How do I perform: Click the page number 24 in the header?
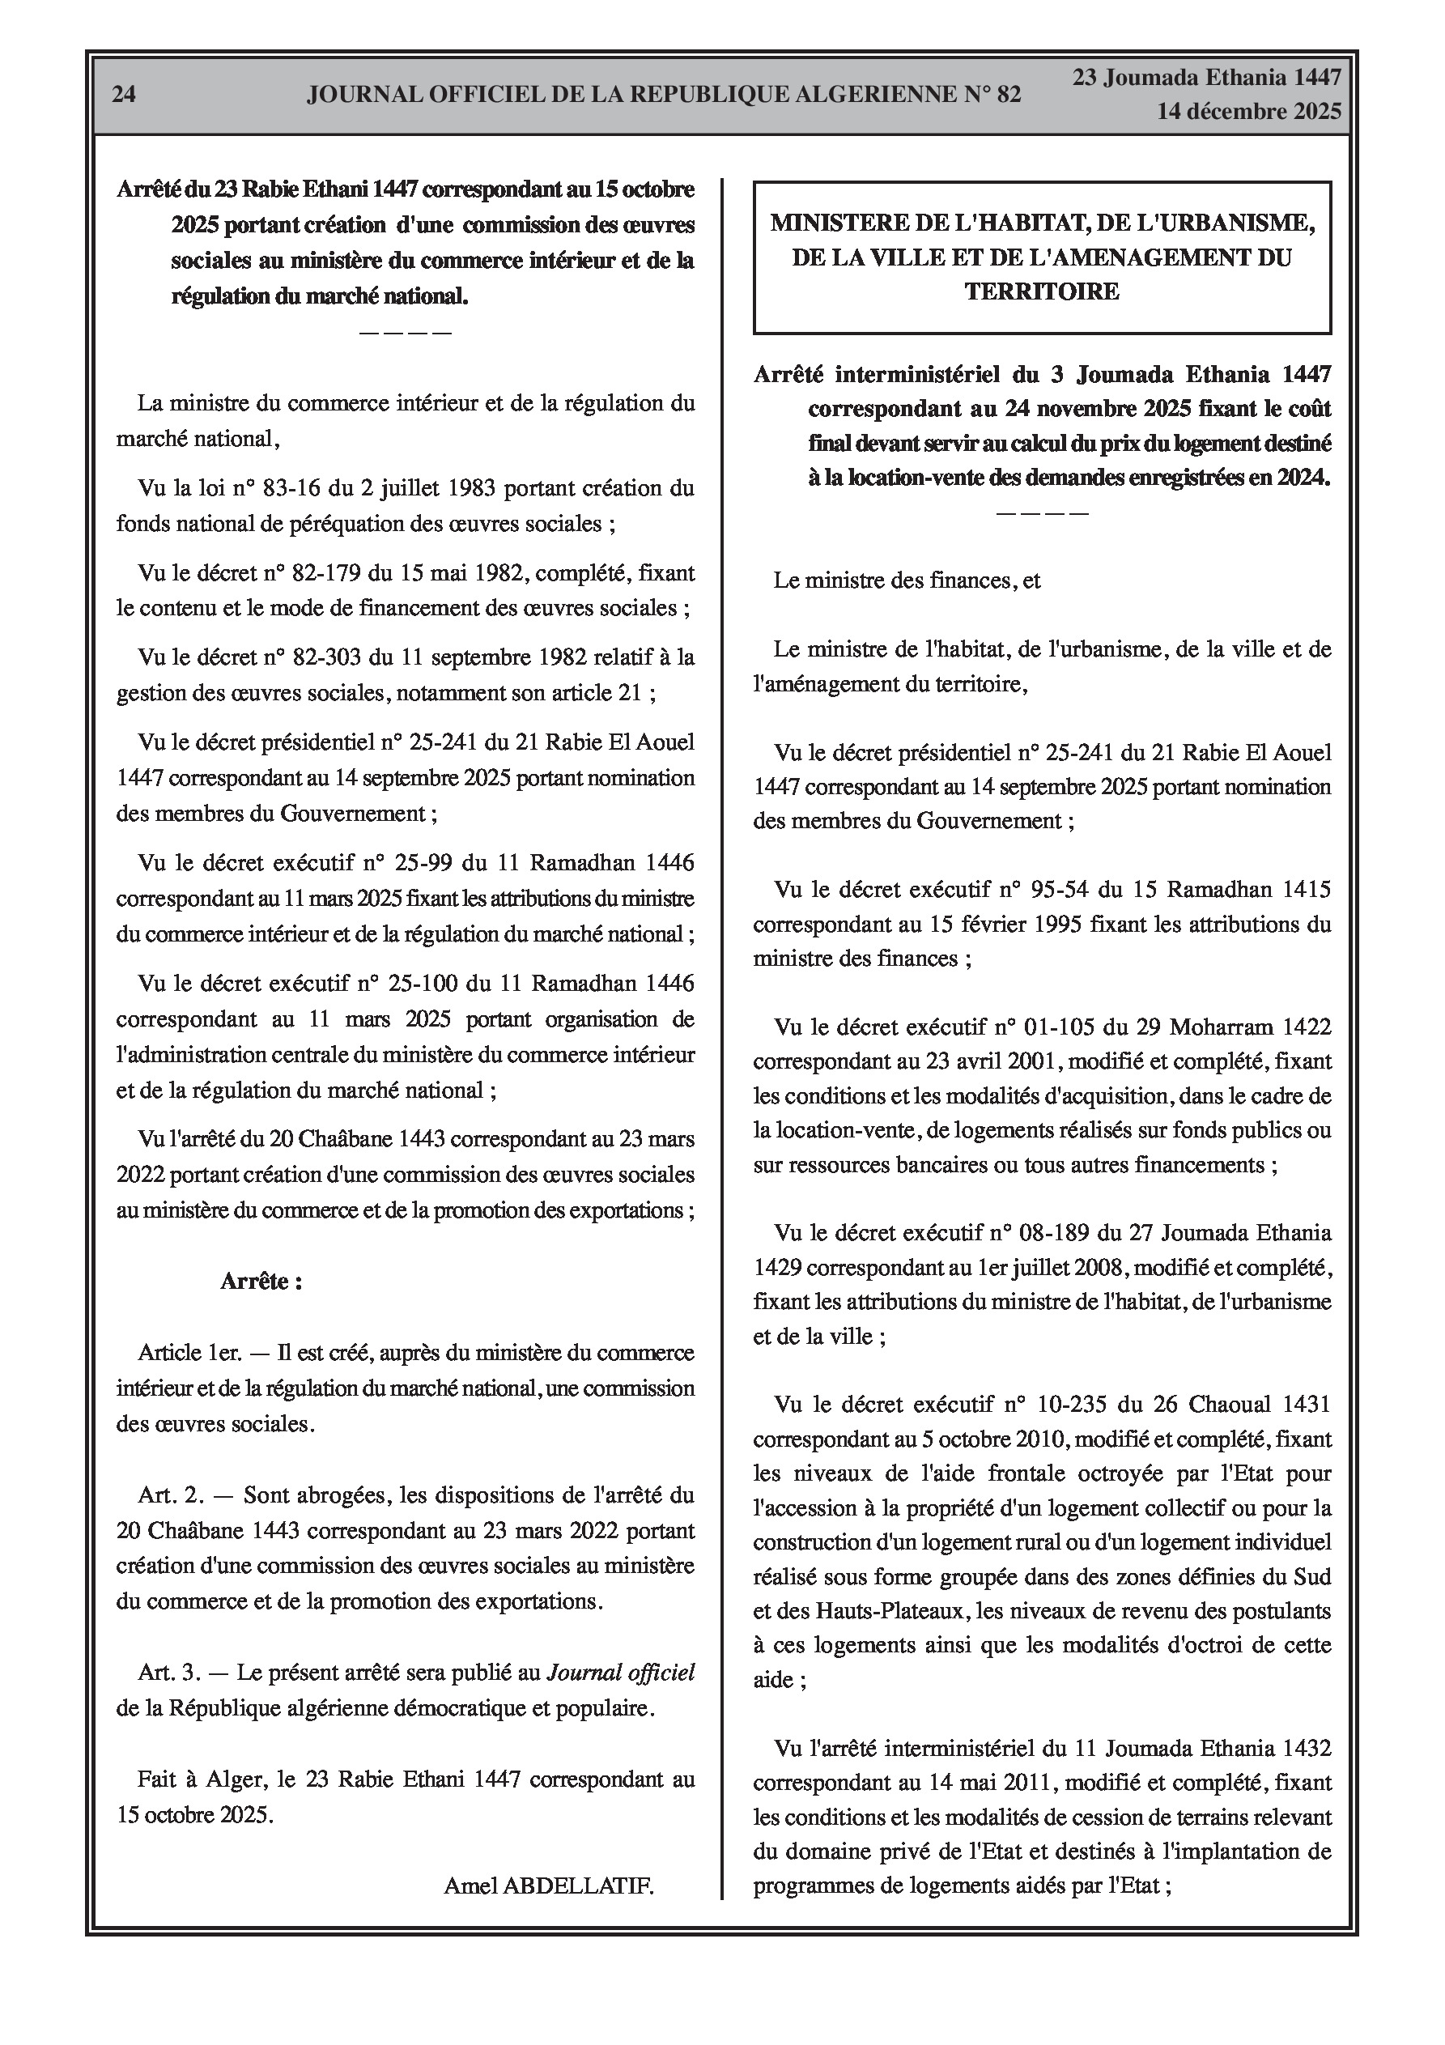[x=124, y=95]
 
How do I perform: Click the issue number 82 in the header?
[x=1009, y=95]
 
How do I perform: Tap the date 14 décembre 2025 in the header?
[x=1249, y=112]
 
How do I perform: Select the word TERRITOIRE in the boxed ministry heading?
[x=1043, y=291]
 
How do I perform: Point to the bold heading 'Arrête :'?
[x=261, y=1281]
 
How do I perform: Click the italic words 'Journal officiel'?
[x=620, y=1673]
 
